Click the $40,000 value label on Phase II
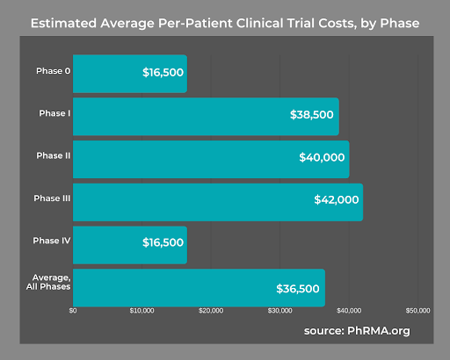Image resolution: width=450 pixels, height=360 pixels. coord(322,159)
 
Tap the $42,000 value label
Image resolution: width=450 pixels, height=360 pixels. coord(336,201)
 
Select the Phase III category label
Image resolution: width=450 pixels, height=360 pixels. coord(54,199)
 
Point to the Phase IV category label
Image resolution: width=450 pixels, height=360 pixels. coord(54,241)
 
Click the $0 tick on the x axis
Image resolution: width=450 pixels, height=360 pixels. coord(73,311)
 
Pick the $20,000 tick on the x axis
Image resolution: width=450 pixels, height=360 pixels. coord(211,311)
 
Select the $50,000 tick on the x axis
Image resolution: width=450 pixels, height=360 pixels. coord(418,311)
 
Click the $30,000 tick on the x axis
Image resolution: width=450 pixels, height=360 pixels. coord(279,311)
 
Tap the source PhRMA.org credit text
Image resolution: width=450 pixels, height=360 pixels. coord(357,331)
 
